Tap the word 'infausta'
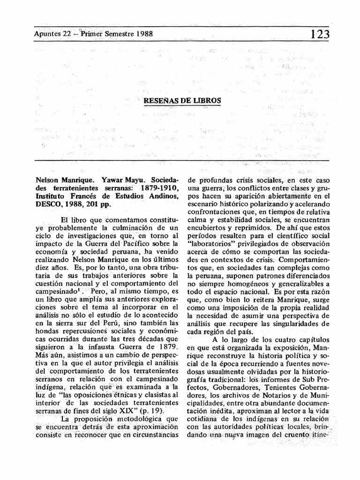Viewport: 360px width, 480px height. (100, 346)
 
